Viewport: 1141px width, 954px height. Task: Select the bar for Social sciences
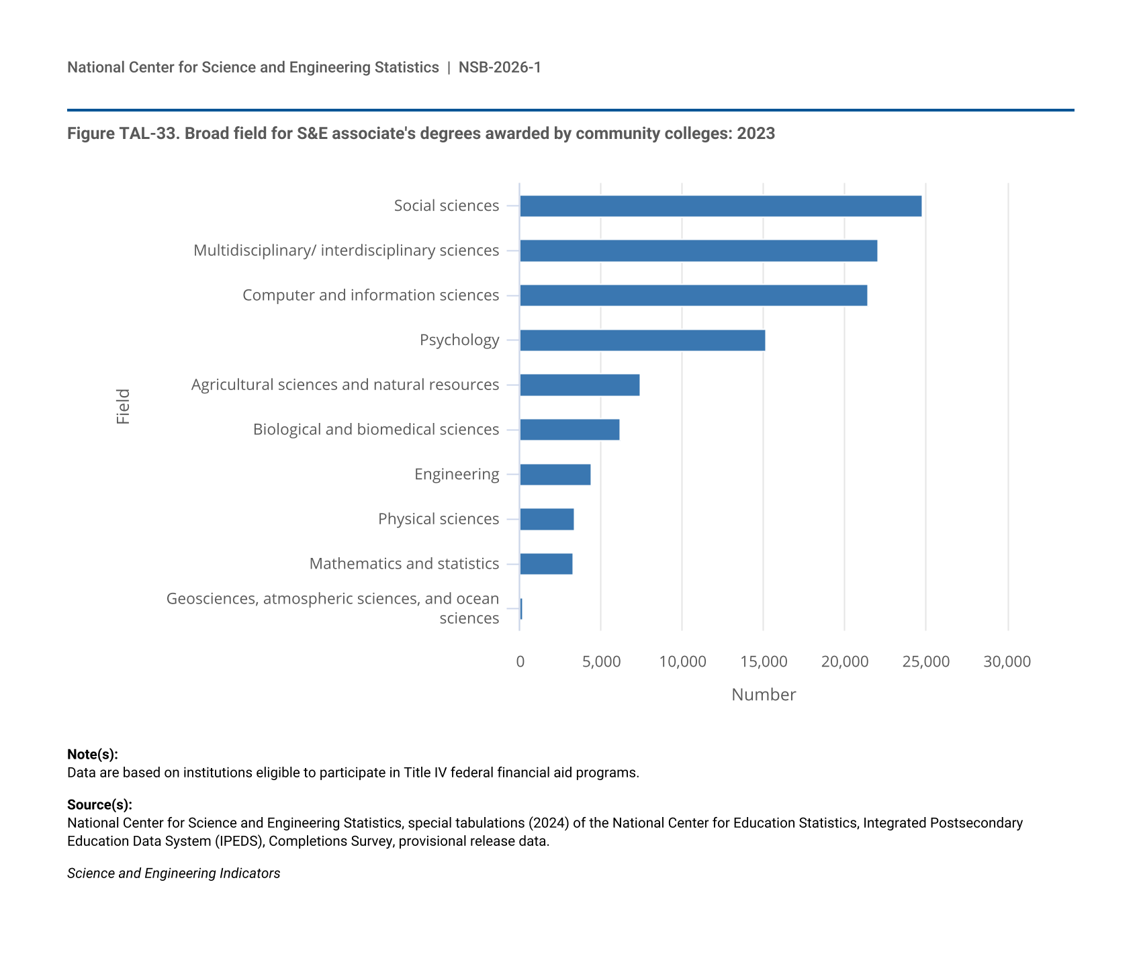[721, 206]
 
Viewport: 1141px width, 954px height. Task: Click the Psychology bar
[643, 340]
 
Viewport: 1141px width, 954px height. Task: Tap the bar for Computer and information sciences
[694, 295]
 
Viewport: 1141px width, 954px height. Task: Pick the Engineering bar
[555, 475]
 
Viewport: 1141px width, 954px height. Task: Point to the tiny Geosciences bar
[521, 609]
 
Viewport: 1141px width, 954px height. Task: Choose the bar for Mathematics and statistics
[547, 564]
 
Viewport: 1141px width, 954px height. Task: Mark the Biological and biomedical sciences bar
[569, 430]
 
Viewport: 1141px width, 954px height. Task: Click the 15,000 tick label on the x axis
[764, 662]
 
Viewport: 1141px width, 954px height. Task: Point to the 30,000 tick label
[1007, 662]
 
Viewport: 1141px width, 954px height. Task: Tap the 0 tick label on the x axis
[520, 662]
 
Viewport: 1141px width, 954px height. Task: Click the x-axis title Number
[764, 695]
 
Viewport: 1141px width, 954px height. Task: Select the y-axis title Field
[123, 406]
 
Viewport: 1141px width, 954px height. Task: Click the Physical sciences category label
[439, 519]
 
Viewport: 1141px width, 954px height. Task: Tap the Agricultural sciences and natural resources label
[345, 385]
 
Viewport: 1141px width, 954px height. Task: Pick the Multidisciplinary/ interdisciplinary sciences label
[347, 250]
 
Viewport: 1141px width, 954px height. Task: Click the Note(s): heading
[93, 755]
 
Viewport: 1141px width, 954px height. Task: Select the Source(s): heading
[99, 804]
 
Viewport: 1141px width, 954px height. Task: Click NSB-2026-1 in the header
[500, 67]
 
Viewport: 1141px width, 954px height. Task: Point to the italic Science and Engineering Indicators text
[174, 873]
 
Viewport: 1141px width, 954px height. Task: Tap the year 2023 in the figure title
[756, 134]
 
